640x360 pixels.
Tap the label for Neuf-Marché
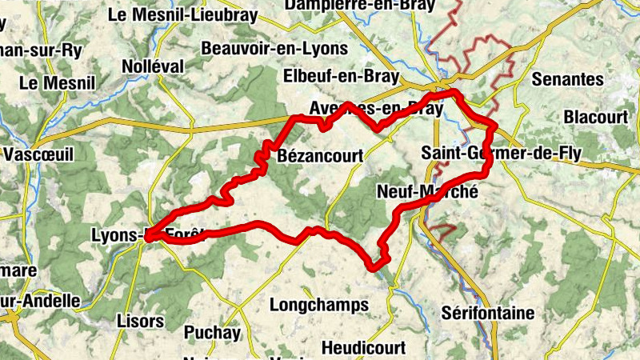[x=426, y=192]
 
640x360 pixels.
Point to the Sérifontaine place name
[x=487, y=313]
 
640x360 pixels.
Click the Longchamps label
[x=319, y=305]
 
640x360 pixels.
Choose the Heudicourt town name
[x=363, y=348]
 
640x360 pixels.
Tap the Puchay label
[x=212, y=332]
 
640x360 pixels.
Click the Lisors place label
[x=139, y=321]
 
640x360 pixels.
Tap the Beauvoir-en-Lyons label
[x=275, y=49]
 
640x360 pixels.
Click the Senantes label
[x=567, y=79]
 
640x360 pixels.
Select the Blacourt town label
[x=596, y=117]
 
